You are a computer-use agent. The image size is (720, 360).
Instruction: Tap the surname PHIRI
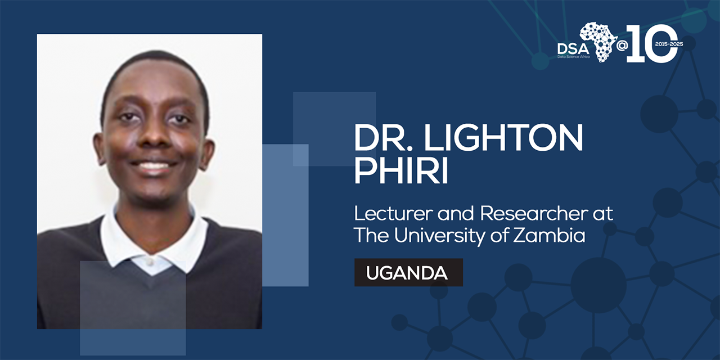tap(401, 171)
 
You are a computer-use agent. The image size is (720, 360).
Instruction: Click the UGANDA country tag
tap(408, 273)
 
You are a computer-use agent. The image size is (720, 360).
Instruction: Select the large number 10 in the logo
tap(652, 43)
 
